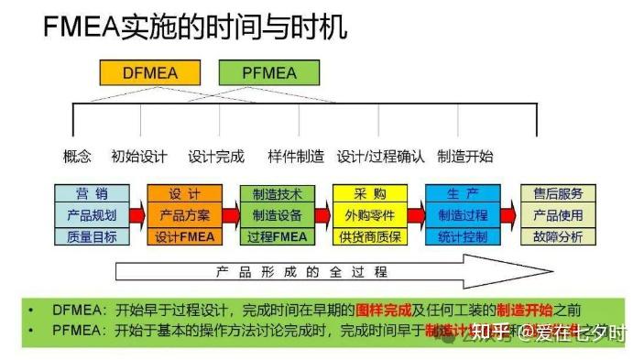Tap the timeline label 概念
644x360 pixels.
(77, 156)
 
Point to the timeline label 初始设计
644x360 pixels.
(139, 156)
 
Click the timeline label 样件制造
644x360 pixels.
(296, 156)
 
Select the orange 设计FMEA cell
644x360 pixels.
(184, 236)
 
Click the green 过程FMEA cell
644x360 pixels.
(278, 236)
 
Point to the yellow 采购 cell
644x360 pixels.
(370, 194)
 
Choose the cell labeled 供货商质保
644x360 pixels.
(370, 236)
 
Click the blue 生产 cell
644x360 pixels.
(463, 194)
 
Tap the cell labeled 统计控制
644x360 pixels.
(463, 236)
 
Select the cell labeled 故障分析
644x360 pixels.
(558, 236)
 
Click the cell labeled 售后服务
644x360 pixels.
(558, 194)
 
